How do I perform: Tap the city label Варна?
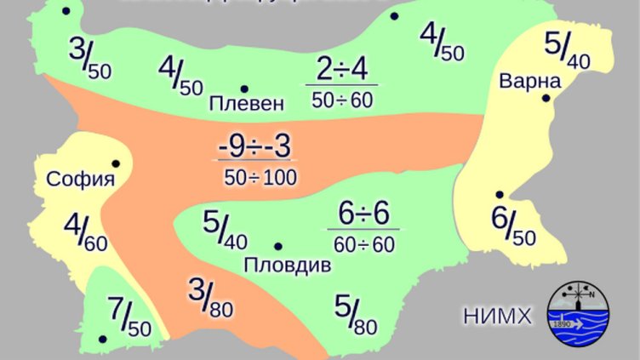point(530,82)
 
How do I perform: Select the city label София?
point(81,179)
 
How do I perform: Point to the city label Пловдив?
point(287,266)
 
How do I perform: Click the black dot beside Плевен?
point(244,89)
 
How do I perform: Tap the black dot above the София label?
point(115,163)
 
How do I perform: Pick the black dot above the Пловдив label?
point(277,246)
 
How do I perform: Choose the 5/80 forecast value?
point(356,314)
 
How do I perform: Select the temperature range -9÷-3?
point(254,146)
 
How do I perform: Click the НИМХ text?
point(498,317)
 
